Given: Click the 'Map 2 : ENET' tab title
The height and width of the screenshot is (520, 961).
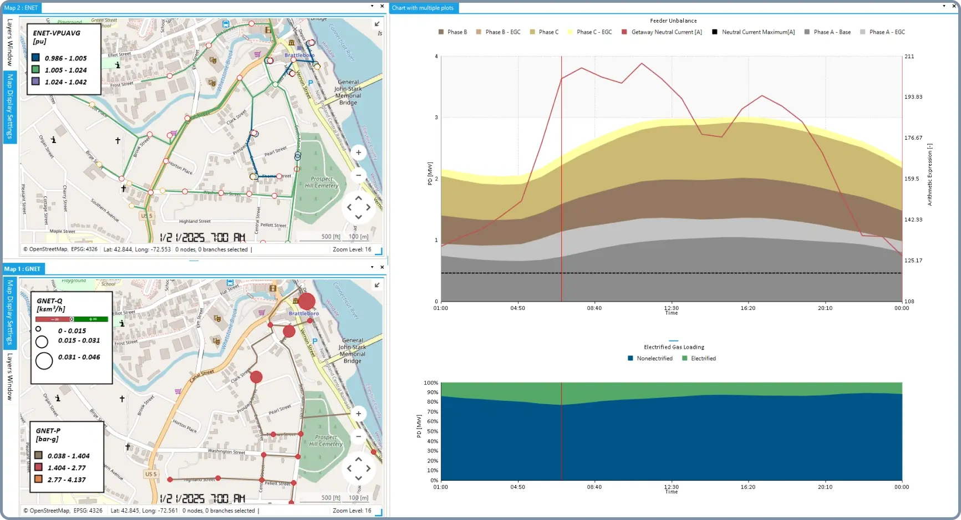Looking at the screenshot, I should point(21,8).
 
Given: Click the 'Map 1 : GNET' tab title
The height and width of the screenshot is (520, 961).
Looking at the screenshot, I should point(22,269).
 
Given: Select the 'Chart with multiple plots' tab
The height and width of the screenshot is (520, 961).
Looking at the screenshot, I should point(423,8).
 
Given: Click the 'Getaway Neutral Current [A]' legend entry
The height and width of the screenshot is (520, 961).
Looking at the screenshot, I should point(666,32).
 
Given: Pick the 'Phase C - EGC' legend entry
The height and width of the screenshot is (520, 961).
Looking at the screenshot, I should point(594,32).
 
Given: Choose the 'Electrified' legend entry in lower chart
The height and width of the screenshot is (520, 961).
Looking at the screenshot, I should point(703,359).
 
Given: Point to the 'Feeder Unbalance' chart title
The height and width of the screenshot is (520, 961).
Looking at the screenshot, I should point(673,21).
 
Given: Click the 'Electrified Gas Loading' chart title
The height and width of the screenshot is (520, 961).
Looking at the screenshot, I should point(674,347).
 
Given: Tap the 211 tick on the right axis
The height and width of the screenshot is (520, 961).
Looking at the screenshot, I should point(909,57).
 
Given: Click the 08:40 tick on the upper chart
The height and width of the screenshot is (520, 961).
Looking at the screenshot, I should point(594,308).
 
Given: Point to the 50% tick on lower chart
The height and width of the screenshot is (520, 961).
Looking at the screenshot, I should point(431,431).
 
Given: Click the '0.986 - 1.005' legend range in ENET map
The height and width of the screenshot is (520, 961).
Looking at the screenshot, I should point(65,58).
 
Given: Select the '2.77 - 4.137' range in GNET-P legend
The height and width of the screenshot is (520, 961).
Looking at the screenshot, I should point(67,480).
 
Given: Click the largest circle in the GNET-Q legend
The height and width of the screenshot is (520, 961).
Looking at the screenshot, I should point(44,361).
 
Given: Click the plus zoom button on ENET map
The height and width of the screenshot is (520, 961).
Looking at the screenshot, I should point(358,152).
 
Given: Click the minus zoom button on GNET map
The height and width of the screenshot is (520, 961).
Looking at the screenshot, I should point(358,436).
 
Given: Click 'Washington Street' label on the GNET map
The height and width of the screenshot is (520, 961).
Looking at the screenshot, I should point(226,451).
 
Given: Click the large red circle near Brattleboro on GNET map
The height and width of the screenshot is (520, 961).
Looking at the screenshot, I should point(307,302).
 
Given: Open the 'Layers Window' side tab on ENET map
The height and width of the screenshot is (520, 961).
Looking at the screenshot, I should point(9,42).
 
